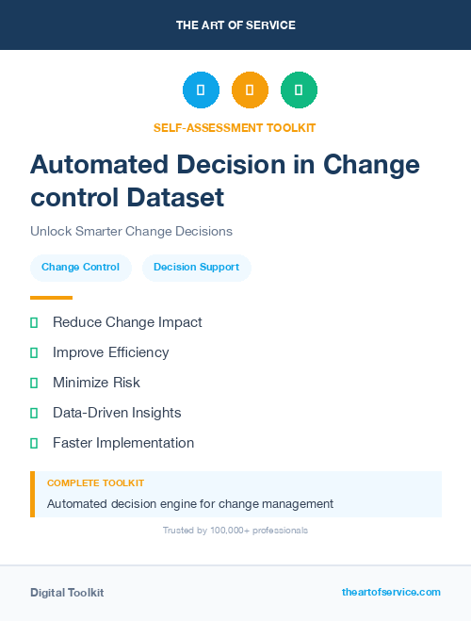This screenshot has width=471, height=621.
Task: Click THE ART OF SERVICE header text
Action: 235,25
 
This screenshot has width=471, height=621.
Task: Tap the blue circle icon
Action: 201,90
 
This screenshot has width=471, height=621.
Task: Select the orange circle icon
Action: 250,90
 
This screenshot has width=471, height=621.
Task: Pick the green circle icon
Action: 299,90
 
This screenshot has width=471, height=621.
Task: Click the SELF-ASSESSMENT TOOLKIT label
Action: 235,127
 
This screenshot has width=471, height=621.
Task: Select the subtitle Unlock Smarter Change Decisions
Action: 131,231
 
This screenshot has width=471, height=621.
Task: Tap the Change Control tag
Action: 80,268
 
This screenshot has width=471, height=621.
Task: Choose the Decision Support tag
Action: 196,268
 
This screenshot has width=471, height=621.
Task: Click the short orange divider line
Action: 51,298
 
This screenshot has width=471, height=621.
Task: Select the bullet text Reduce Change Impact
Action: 127,322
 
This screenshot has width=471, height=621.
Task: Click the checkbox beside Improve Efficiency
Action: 34,352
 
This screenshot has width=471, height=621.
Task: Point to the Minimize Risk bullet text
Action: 96,383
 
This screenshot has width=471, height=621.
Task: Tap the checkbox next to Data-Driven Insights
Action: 34,413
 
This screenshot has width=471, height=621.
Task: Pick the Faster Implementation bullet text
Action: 123,443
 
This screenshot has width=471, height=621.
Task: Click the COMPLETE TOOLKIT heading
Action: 95,483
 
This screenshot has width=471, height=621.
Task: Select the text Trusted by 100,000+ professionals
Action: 235,531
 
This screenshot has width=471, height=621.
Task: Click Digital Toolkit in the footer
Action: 67,593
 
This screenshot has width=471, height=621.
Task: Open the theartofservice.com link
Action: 391,593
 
